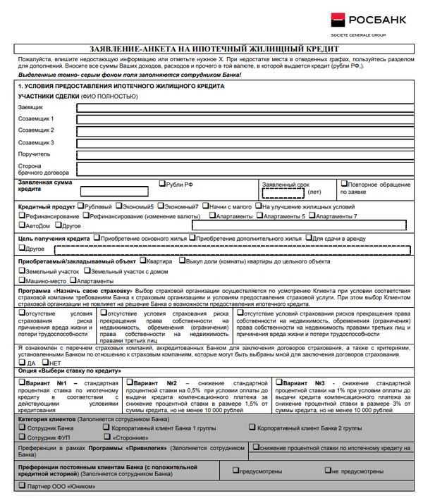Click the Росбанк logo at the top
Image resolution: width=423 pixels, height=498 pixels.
tap(367, 22)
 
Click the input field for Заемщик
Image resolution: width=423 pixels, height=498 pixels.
tap(243, 108)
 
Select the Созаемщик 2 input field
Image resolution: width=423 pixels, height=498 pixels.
tap(243, 131)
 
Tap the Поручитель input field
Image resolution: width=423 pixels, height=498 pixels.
tap(243, 154)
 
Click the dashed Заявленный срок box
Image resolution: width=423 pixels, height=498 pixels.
tap(283, 192)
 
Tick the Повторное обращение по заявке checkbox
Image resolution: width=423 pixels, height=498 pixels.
tap(344, 183)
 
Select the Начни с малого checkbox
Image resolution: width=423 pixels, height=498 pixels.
tap(205, 206)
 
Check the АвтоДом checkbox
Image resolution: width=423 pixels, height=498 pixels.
tap(22, 225)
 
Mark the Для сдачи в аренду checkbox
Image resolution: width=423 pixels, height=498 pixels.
tap(309, 238)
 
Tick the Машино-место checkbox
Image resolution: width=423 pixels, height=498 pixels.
tap(22, 280)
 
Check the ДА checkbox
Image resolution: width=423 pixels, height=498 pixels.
tap(22, 363)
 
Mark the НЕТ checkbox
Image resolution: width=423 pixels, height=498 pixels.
tap(46, 363)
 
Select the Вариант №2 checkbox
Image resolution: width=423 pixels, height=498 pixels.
tap(130, 382)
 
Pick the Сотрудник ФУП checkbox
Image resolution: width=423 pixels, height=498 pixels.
tap(22, 437)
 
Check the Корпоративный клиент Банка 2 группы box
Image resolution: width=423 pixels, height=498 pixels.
tap(252, 427)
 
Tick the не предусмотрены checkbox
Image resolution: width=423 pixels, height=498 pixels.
tap(328, 469)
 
